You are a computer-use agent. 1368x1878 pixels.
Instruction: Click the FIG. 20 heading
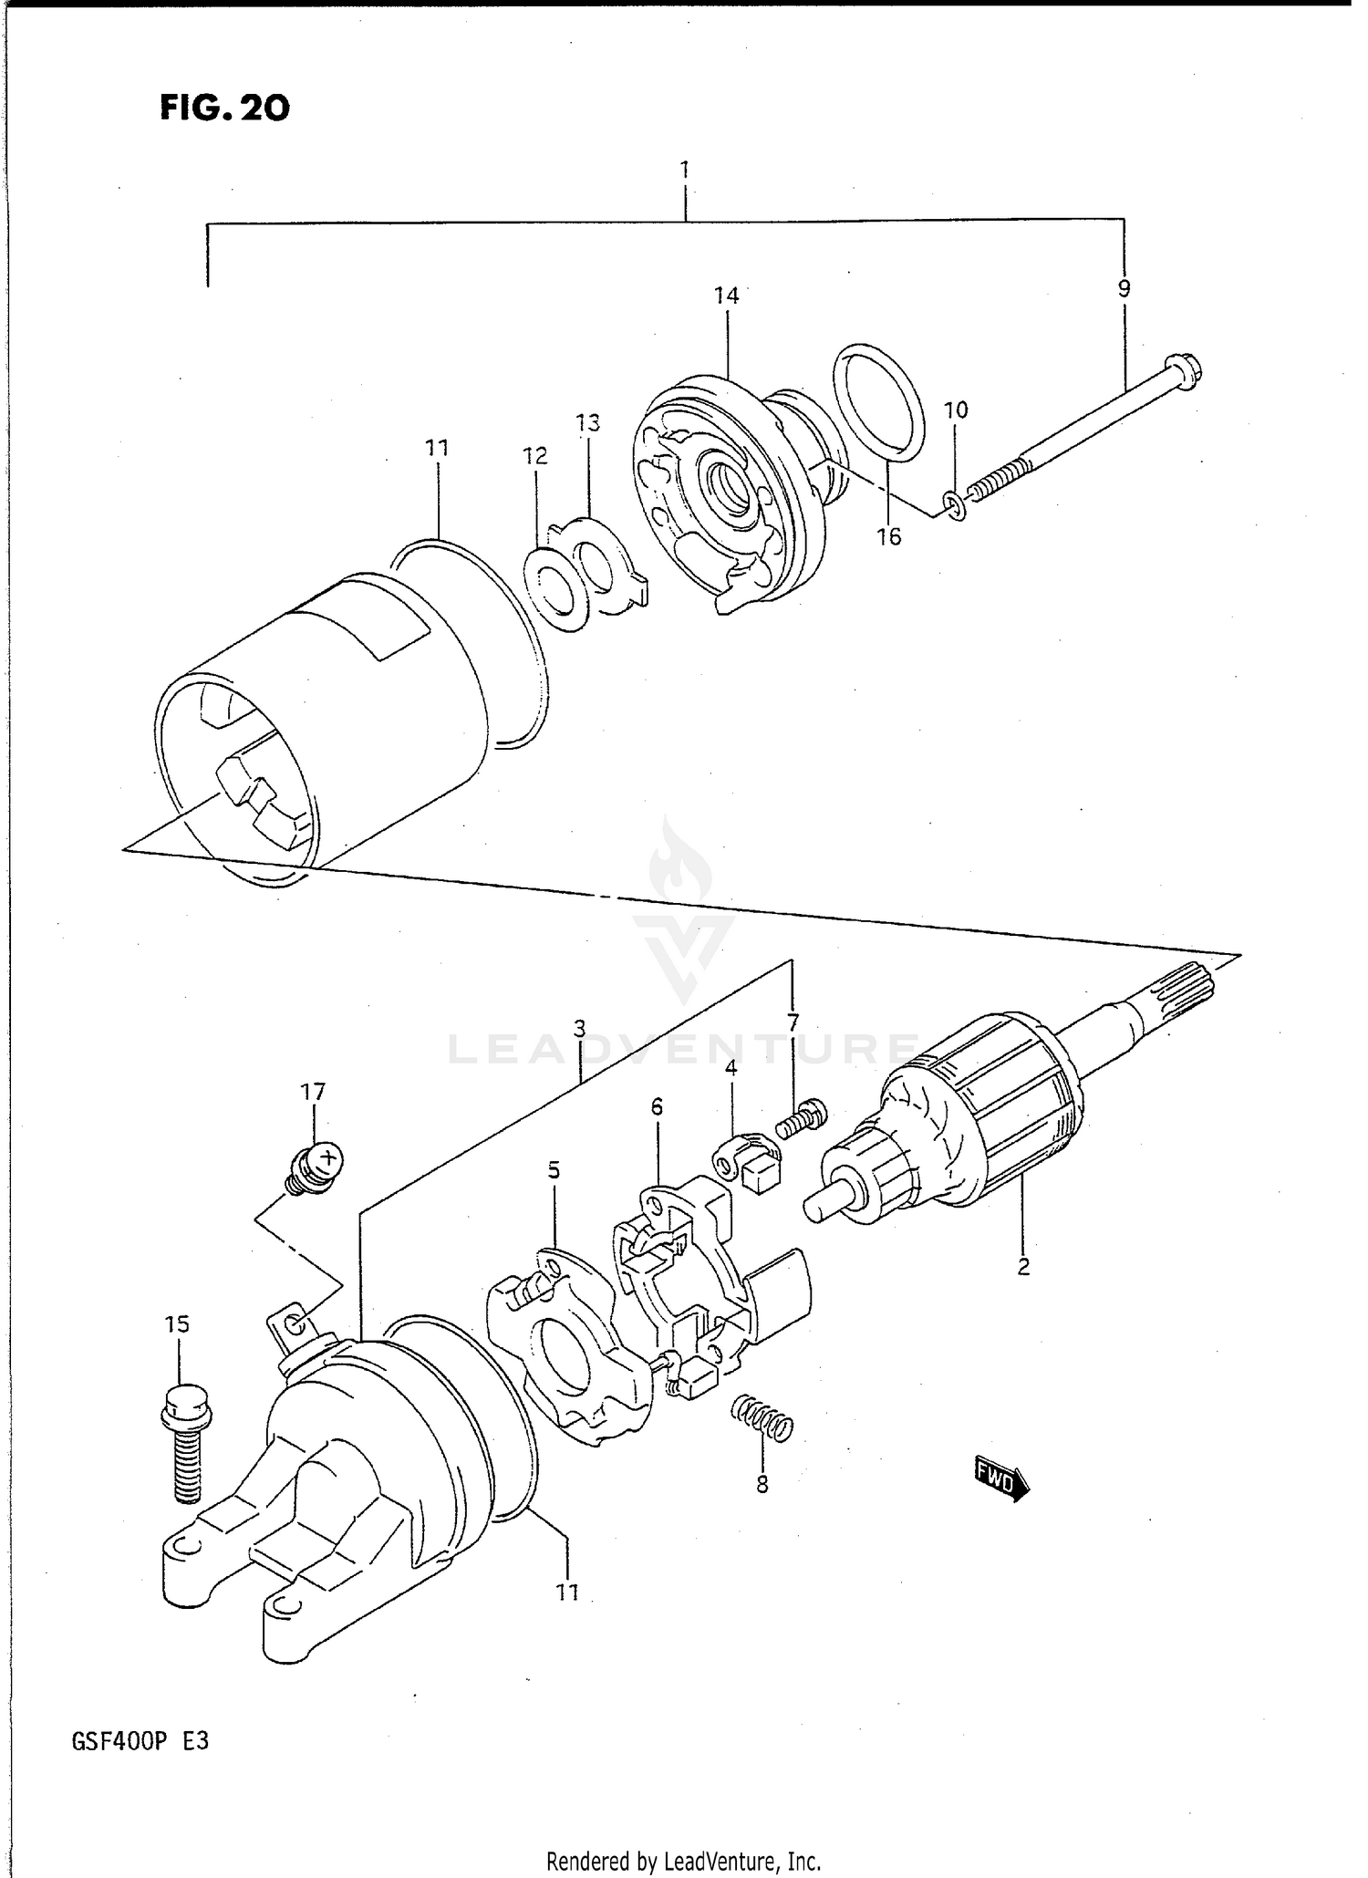[224, 109]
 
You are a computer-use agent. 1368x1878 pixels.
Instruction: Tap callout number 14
[726, 296]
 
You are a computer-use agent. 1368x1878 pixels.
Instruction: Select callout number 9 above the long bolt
[1124, 289]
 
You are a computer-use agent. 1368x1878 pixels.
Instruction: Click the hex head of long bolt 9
[1185, 368]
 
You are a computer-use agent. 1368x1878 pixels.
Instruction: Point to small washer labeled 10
[954, 504]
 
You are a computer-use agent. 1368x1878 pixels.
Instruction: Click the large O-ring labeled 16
[879, 401]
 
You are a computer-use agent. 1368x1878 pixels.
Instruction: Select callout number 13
[588, 423]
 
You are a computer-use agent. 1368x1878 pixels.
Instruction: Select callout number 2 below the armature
[1023, 1266]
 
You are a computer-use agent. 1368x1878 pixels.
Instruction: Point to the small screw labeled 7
[802, 1118]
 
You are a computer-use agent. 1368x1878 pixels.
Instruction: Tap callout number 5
[554, 1170]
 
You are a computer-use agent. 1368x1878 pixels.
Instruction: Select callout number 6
[657, 1107]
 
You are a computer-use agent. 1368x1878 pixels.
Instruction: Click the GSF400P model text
[139, 1741]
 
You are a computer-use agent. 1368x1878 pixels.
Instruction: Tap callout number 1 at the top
[684, 170]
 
